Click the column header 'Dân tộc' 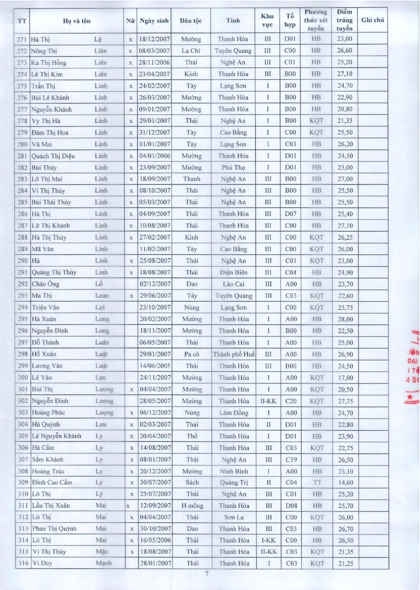point(191,21)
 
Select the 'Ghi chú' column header point(373,20)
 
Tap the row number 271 point(22,39)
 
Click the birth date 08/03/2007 point(154,51)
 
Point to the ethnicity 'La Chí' point(191,51)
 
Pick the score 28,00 point(345,319)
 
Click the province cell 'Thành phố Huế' point(233,354)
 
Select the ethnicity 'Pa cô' point(192,354)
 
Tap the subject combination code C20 point(291,401)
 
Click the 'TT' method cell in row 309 point(317,482)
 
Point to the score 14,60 point(345,482)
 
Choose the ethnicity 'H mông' point(192,506)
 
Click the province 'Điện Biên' point(233,272)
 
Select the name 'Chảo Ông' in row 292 point(45,284)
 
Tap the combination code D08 point(291,506)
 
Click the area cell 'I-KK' point(268,540)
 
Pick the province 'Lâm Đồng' point(234,413)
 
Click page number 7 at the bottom point(207,574)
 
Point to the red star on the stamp point(410,397)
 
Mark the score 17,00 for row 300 point(345,378)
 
